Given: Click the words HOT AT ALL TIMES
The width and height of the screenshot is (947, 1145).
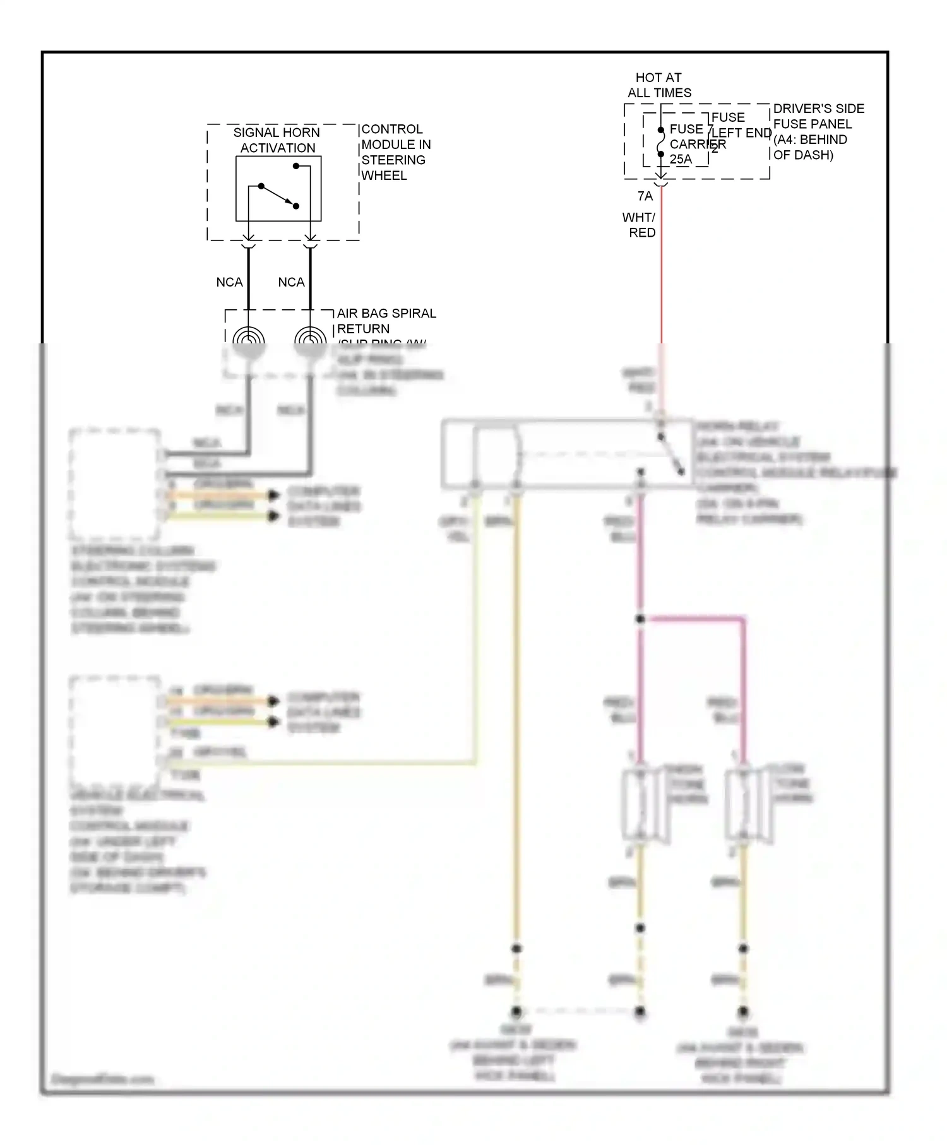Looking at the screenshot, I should (658, 85).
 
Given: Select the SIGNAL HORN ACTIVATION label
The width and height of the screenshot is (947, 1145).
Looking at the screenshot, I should (277, 140).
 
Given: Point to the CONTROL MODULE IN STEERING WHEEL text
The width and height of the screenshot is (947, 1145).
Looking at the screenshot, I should (395, 152).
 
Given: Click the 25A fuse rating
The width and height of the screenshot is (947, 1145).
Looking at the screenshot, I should (681, 160).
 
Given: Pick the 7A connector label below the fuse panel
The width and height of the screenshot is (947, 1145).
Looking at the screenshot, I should (645, 196).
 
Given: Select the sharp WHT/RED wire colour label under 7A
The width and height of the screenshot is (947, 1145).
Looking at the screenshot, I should (640, 225).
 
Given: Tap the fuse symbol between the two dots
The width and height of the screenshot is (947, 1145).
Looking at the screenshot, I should (661, 142).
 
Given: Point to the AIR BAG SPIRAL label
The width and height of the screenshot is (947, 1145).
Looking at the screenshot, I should (386, 314).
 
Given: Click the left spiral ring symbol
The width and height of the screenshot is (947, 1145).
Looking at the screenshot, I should (249, 338).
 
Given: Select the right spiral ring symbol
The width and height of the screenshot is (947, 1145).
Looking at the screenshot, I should (311, 338).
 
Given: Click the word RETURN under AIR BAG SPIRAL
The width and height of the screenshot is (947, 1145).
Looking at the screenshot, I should (363, 329).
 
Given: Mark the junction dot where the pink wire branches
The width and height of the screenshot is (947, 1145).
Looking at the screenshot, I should (640, 619).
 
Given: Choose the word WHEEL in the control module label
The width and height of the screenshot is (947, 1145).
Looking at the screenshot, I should (384, 175).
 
